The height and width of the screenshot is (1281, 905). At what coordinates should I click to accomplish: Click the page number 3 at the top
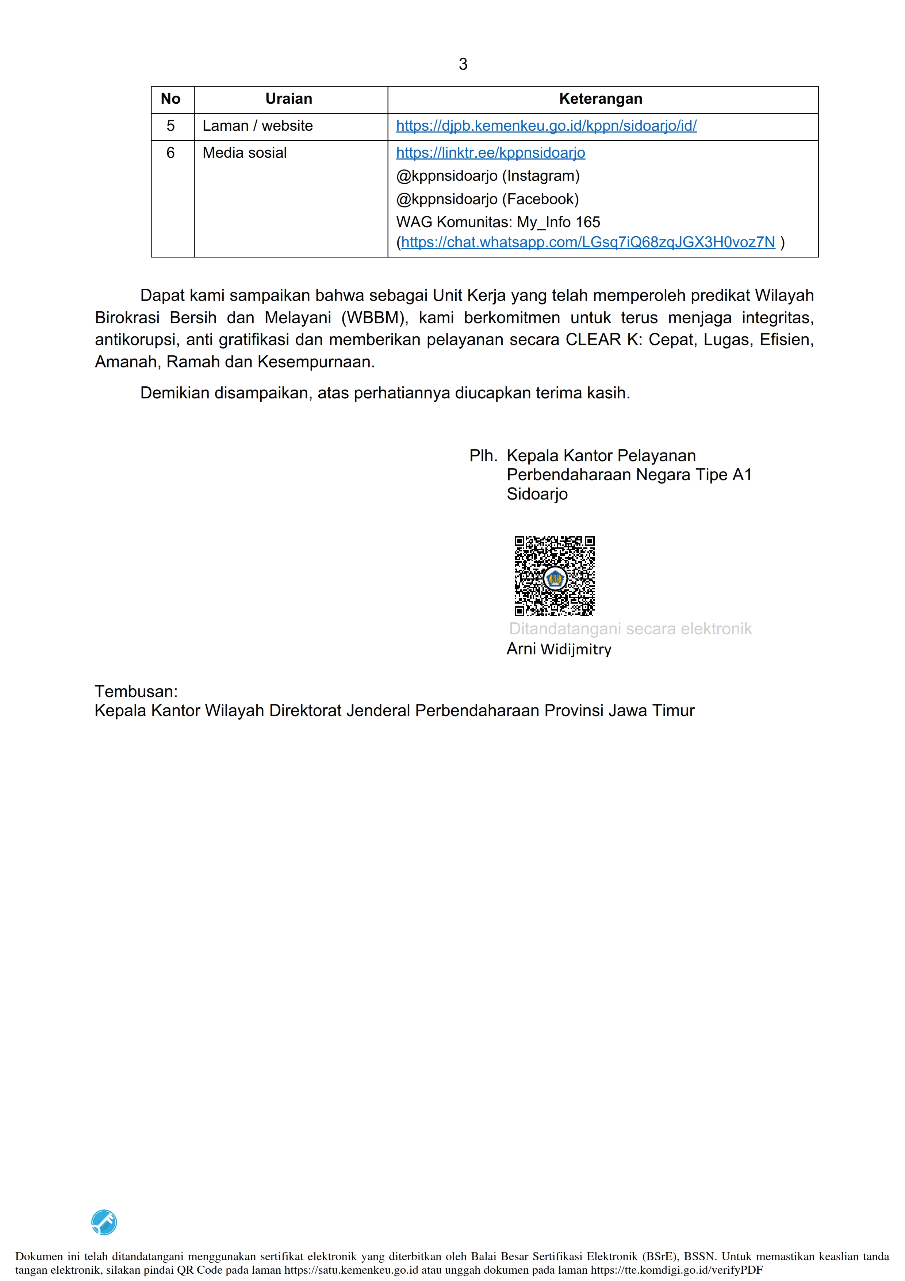coord(463,64)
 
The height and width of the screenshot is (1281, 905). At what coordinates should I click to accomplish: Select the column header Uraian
coord(288,99)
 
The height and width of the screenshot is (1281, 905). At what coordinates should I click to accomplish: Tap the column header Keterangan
coord(601,99)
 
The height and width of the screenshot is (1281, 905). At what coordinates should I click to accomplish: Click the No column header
coord(170,99)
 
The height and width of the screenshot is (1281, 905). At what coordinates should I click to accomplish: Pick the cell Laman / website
coord(258,126)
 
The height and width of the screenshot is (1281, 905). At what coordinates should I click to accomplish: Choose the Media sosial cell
coord(244,153)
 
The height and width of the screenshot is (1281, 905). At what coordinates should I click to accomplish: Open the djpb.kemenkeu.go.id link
coord(546,126)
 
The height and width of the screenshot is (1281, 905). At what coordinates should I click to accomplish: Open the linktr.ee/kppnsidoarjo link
coord(491,153)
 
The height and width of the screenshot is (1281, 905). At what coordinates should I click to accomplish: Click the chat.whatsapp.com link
coord(588,242)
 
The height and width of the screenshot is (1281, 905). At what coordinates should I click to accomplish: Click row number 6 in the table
coord(170,153)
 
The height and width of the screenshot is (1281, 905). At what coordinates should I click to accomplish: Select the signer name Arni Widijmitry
coord(559,649)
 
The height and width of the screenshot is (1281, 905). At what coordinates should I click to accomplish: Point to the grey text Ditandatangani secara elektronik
coord(630,629)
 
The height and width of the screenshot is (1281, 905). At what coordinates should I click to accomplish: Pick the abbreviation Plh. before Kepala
coord(483,456)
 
